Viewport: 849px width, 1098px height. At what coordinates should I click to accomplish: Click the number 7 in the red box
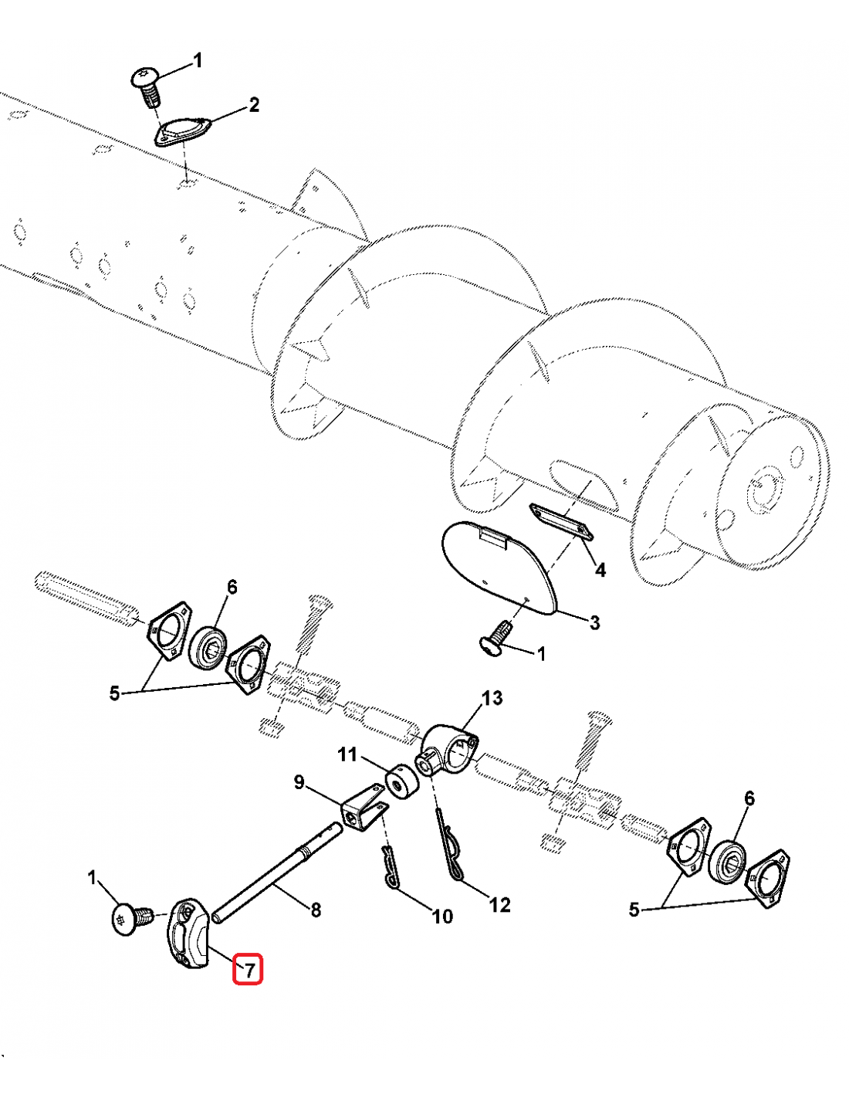pyautogui.click(x=249, y=969)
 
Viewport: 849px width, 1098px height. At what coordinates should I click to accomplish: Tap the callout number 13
pyautogui.click(x=492, y=698)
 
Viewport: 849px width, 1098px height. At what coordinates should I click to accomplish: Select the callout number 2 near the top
pyautogui.click(x=254, y=105)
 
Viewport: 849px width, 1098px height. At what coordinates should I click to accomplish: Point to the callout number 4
pyautogui.click(x=600, y=570)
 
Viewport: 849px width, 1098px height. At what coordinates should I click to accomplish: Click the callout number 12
pyautogui.click(x=499, y=904)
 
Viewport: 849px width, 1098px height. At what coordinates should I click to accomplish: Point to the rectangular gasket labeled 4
pyautogui.click(x=561, y=522)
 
